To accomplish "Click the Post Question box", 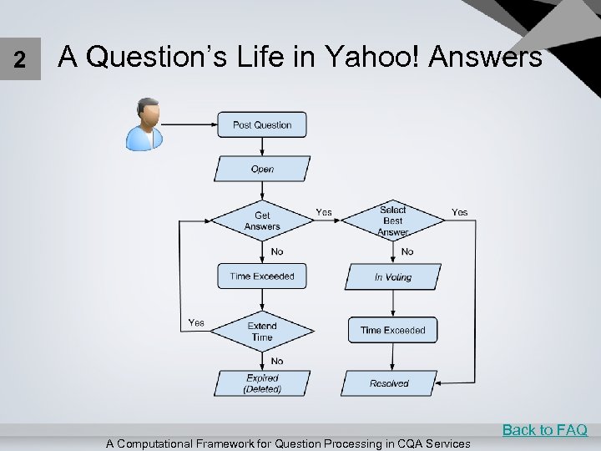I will coord(262,124).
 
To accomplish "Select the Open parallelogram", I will coord(262,169).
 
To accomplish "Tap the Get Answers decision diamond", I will coord(262,220).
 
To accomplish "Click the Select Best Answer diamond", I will coord(393,220).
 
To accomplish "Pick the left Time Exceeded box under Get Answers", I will coord(262,276).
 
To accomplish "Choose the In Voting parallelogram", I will coord(393,276).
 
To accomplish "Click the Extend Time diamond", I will coord(262,332).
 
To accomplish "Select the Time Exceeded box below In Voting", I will coord(393,330).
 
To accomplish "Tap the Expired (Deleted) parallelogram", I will coord(262,383).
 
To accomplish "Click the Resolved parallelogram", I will coord(390,383).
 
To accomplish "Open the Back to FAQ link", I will coord(544,430).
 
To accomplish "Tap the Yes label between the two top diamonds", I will coord(324,212).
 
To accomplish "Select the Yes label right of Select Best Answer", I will coord(460,212).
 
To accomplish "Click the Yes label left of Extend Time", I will coord(196,322).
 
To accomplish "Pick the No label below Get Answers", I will coord(277,251).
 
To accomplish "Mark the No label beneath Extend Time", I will coord(277,361).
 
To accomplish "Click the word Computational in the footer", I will coord(164,443).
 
